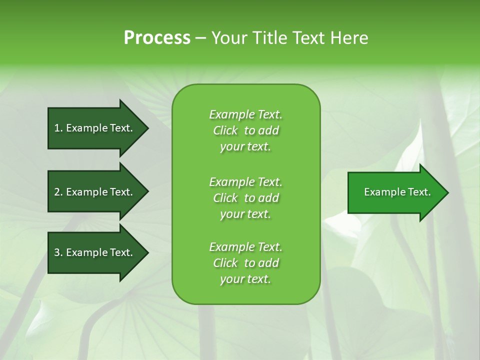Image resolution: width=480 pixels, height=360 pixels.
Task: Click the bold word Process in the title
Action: pos(157,38)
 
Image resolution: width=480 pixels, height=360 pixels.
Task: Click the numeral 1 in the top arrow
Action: pos(57,128)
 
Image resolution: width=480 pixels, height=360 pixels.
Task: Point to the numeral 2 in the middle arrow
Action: pos(57,192)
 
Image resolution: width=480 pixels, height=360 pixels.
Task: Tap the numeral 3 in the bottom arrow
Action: pos(57,252)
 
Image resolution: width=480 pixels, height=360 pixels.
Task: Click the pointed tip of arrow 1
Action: pos(147,128)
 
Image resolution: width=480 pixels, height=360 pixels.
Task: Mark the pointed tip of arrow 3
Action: pos(147,252)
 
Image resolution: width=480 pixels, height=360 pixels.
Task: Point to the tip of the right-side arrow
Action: pos(447,192)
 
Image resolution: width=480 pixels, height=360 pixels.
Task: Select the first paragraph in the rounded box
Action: pos(245,130)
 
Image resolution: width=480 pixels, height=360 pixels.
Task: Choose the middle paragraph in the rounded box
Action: pos(245,197)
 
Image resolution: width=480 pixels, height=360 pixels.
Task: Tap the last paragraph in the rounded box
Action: pos(245,263)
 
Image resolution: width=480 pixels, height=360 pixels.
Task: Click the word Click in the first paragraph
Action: pos(225,131)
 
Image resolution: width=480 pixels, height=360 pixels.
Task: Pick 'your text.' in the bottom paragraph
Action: pos(245,279)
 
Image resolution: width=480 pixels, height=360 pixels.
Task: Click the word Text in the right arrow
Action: pos(418,192)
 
